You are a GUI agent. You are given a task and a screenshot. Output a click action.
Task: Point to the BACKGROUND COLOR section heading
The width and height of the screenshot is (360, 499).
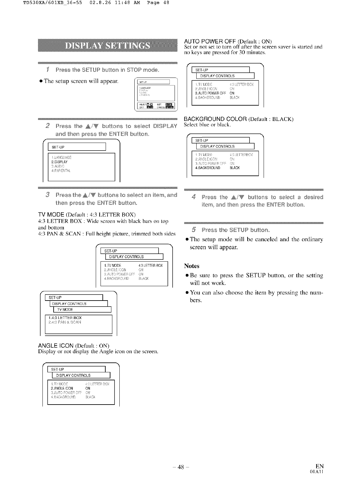coord(216,119)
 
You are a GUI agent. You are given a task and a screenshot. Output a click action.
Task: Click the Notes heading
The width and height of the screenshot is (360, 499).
coord(191,266)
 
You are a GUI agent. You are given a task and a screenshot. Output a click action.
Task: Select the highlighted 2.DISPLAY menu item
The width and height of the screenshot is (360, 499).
coord(60,162)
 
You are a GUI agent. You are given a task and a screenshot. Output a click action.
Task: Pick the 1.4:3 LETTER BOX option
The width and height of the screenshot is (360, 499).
coord(65,318)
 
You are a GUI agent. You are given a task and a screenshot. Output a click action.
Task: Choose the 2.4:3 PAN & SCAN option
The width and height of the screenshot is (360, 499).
coord(65,322)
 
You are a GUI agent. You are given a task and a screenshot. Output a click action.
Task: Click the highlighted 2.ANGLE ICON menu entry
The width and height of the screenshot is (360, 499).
coord(62,388)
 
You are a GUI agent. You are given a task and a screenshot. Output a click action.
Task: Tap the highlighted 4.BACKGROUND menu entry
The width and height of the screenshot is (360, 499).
coord(207,168)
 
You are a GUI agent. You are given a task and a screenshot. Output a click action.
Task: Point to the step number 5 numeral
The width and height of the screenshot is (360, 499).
coord(193,230)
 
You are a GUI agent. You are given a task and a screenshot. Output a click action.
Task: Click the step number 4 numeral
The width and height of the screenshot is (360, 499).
coord(193,197)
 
